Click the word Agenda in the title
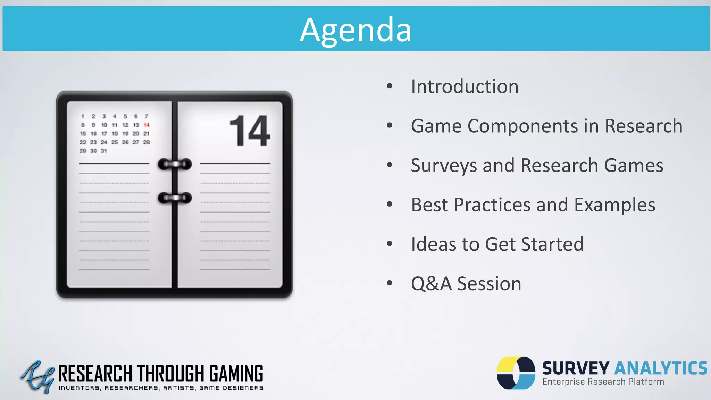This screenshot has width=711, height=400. (x=355, y=31)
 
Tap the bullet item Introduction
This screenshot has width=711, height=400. (x=465, y=86)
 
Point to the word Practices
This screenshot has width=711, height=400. (x=492, y=205)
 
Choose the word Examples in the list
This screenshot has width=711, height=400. (x=614, y=205)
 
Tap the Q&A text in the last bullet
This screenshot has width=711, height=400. (x=431, y=284)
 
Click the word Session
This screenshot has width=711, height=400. (x=489, y=284)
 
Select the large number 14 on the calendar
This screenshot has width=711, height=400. (x=249, y=131)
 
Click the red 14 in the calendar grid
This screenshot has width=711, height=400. (x=147, y=125)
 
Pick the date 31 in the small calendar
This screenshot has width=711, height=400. (x=104, y=151)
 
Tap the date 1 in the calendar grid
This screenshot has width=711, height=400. (x=83, y=116)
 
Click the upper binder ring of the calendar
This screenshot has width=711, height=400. (x=175, y=164)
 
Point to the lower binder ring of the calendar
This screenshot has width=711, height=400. (x=175, y=198)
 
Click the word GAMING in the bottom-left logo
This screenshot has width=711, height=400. (x=236, y=374)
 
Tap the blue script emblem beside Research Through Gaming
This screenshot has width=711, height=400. (x=37, y=377)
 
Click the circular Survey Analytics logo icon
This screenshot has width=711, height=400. (x=516, y=373)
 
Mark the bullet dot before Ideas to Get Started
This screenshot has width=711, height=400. (x=390, y=244)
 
